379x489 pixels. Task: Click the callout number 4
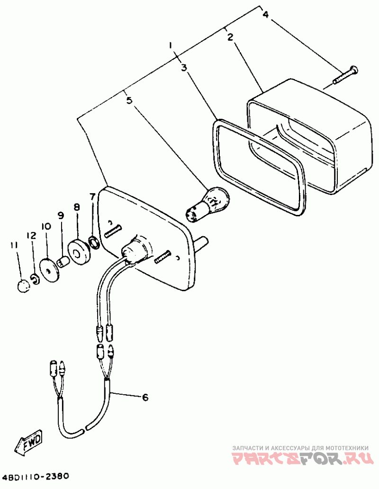(265, 15)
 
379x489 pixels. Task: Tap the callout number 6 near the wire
(145, 397)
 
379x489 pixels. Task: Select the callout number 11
(13, 245)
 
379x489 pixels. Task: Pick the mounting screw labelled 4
(346, 74)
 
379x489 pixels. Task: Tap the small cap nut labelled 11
(22, 286)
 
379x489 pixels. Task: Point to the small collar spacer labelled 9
(62, 261)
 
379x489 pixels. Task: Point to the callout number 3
(184, 68)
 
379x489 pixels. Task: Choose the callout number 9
(61, 215)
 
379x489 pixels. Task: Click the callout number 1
(171, 46)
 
